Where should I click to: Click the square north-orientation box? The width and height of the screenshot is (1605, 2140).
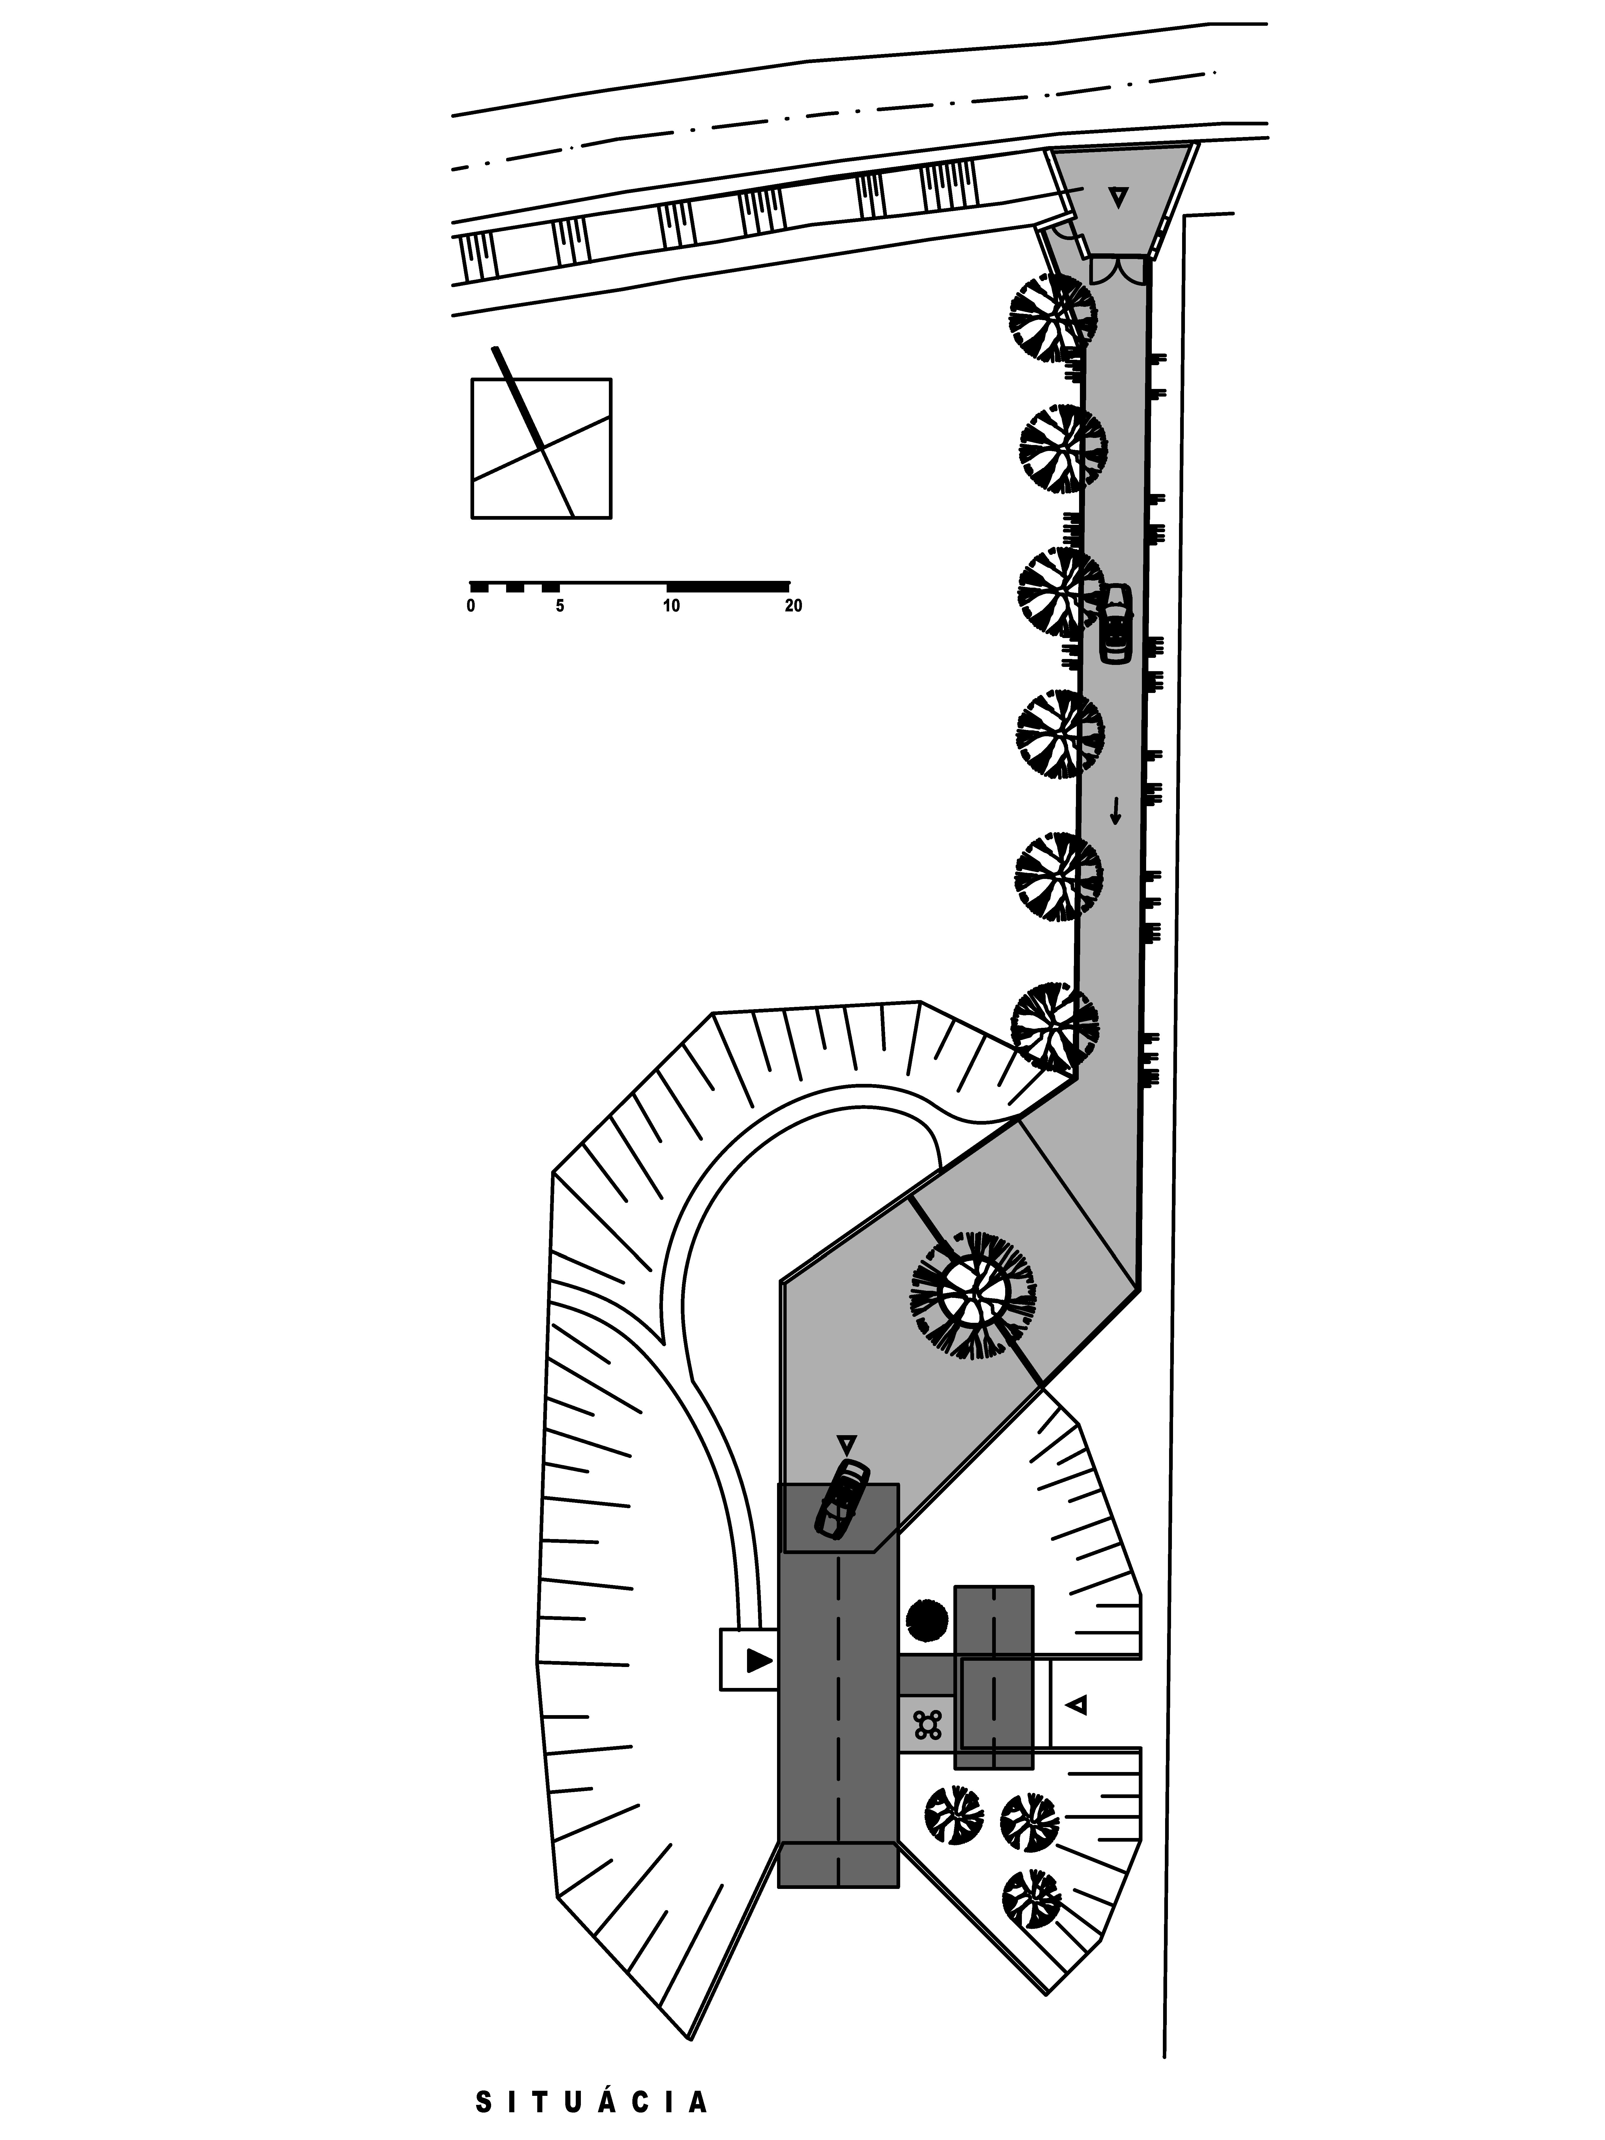tap(541, 448)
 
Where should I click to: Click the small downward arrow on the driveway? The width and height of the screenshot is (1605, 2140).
tap(1116, 811)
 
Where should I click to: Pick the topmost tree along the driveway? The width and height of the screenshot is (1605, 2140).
tap(1054, 317)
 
